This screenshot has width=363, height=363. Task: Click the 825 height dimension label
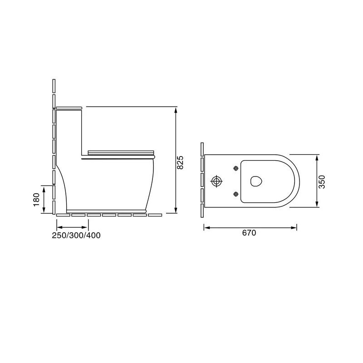tap(180, 162)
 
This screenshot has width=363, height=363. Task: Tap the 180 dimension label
tap(37, 200)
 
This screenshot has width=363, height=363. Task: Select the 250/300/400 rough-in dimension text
tap(76, 235)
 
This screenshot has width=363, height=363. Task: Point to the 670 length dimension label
tap(249, 233)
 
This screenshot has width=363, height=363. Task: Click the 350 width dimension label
tap(322, 182)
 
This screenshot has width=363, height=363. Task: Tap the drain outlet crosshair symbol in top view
tap(216, 181)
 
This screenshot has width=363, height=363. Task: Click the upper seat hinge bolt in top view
tap(236, 168)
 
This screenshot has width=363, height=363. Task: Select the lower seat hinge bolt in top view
tap(236, 194)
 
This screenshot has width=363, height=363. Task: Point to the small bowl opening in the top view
tap(256, 181)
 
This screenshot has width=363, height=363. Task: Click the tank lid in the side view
tap(69, 108)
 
